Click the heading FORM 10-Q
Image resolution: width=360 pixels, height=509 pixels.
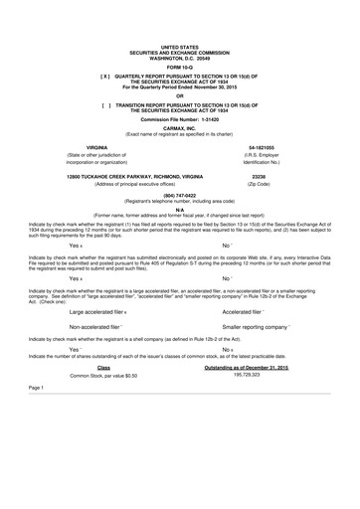click(x=180, y=66)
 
